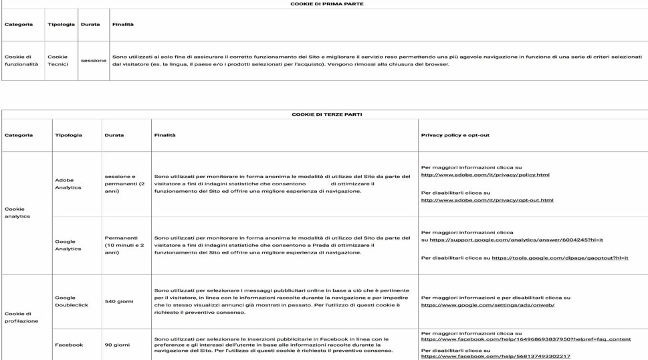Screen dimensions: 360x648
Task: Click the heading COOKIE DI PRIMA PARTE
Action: [x=326, y=4]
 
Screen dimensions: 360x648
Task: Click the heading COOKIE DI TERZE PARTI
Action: [x=326, y=114]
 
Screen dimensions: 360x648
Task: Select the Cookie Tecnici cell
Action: [x=58, y=60]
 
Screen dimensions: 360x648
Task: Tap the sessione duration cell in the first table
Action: [x=94, y=60]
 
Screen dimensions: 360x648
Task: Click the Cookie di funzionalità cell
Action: [x=21, y=60]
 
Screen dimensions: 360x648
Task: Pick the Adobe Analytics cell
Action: [x=68, y=184]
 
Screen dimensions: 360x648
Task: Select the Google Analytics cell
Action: [x=65, y=245]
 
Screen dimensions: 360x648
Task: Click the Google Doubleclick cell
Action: [x=70, y=301]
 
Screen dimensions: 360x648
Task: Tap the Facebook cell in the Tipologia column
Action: [x=69, y=345]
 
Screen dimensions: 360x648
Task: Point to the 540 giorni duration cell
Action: [x=119, y=301]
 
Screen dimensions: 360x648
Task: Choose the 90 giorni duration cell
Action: [x=116, y=345]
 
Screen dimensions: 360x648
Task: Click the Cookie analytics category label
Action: [x=17, y=213]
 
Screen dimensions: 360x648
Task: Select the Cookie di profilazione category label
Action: [x=21, y=317]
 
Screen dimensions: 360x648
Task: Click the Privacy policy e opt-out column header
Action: [x=455, y=135]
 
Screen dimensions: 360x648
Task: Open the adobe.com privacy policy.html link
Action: [x=485, y=175]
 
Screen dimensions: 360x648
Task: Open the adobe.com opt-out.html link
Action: [x=487, y=200]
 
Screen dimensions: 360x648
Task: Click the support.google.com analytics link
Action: [x=516, y=240]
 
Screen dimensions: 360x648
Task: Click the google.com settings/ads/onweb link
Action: [x=488, y=305]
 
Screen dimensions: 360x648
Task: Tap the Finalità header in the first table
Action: [x=122, y=25]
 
